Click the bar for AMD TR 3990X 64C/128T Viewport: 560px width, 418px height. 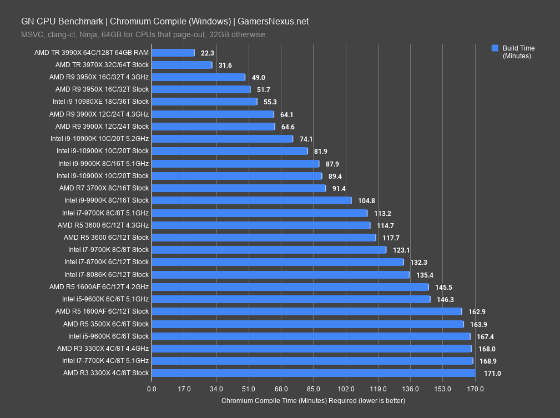(x=173, y=53)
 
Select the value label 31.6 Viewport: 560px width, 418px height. (x=226, y=65)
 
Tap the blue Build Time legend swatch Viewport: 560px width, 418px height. (x=495, y=48)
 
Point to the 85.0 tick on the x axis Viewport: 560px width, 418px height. (x=314, y=389)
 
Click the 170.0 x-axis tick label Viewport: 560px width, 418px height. (x=475, y=389)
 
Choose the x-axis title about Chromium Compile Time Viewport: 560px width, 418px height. (x=313, y=400)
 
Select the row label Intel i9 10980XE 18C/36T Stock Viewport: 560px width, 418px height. (x=100, y=102)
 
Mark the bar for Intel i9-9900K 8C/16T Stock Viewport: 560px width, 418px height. (x=251, y=200)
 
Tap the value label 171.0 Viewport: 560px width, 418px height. (x=492, y=374)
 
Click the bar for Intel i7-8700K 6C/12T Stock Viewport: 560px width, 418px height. (x=278, y=262)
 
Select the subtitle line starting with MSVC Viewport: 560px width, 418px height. (x=143, y=34)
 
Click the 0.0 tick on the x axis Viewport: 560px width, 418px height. (x=152, y=389)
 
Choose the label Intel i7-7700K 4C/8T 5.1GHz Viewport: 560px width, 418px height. (x=105, y=361)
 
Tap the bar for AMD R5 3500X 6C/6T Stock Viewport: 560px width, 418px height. (x=307, y=324)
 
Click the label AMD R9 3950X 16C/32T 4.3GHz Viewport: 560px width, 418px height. (x=99, y=77)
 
